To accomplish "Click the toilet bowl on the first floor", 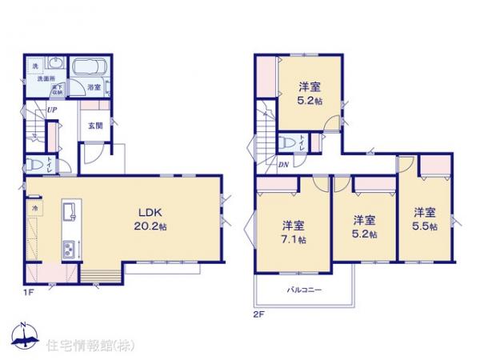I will click(x=34, y=165).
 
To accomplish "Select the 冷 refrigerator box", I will click(x=35, y=208).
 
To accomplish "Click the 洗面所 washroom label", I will click(x=43, y=80).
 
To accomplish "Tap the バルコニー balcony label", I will click(x=304, y=290).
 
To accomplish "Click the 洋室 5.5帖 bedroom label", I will click(x=425, y=219).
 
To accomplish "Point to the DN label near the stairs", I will click(x=283, y=166).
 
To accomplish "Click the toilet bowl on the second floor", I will click(x=286, y=142).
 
